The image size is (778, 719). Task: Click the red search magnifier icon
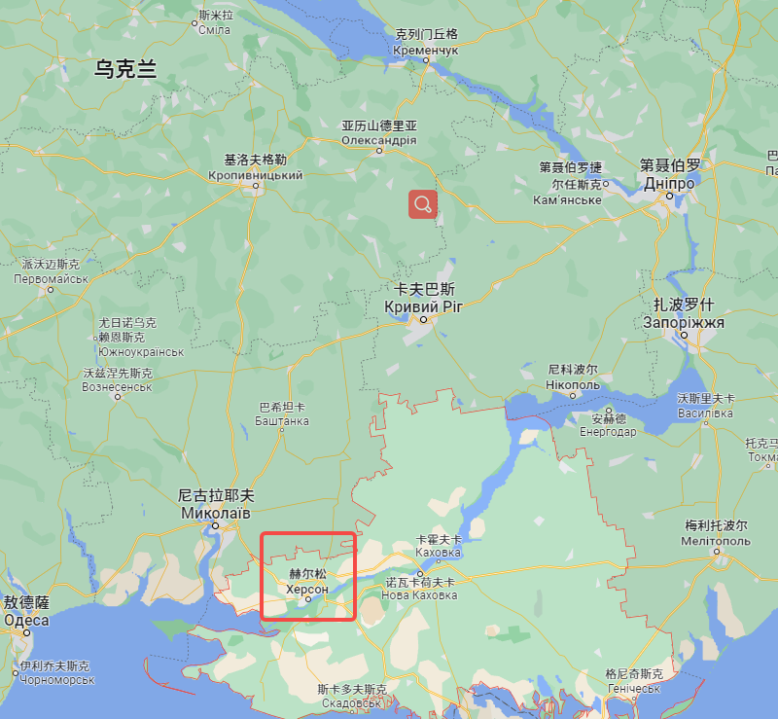(x=422, y=203)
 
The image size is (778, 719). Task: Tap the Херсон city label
(x=307, y=588)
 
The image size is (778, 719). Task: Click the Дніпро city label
(x=670, y=183)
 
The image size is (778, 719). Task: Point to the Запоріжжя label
(x=684, y=322)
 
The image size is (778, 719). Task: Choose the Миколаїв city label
(x=216, y=512)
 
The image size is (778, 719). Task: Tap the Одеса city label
(x=26, y=620)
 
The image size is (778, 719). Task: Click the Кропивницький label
(x=256, y=175)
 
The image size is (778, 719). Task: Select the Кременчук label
(x=426, y=49)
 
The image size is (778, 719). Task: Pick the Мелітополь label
(x=716, y=540)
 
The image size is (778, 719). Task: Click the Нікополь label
(x=573, y=384)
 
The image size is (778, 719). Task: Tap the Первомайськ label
(x=52, y=277)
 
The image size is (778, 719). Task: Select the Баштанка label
(x=282, y=420)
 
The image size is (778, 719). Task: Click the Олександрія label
(x=379, y=140)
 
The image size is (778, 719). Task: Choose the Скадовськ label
(x=351, y=702)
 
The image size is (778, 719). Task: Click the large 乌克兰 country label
(x=125, y=68)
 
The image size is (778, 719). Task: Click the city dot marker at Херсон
(x=308, y=600)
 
